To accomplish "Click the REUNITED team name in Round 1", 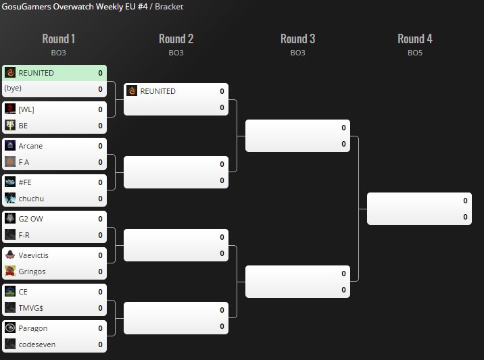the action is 36,73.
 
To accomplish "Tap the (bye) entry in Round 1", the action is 14,88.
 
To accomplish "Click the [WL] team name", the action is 26,109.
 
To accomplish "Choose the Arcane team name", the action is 30,146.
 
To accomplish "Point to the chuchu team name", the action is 32,199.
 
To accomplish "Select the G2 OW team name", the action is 31,219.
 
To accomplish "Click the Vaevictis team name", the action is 33,255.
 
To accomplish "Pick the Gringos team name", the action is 32,272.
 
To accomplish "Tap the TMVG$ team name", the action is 31,308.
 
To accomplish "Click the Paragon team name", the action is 32,328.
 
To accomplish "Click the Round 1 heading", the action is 59,39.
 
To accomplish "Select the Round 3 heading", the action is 297,39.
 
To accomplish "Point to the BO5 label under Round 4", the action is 415,52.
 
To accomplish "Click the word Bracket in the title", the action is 169,7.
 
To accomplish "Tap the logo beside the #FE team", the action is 10,182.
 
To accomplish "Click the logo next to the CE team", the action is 10,292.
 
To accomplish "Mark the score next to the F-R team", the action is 100,235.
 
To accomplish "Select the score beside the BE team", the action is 100,126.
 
